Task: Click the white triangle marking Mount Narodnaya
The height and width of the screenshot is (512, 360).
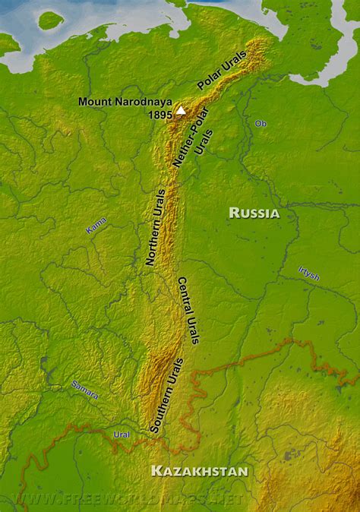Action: point(181,110)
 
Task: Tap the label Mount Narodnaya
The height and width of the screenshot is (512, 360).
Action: point(125,102)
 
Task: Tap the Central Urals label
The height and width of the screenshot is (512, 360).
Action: point(188,310)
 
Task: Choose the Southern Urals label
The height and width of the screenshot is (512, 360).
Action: point(167,395)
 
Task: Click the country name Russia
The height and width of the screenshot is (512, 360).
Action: point(254,213)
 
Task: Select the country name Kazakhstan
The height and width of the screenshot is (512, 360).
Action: point(199,472)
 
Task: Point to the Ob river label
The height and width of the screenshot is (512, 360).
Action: point(261,123)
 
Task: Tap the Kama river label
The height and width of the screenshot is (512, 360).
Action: point(96,225)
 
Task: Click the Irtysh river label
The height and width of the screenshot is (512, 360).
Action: point(308,273)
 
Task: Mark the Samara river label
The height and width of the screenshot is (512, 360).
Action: point(85,389)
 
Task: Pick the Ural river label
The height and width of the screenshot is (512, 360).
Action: point(122,435)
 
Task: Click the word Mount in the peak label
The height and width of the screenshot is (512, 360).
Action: point(94,102)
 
